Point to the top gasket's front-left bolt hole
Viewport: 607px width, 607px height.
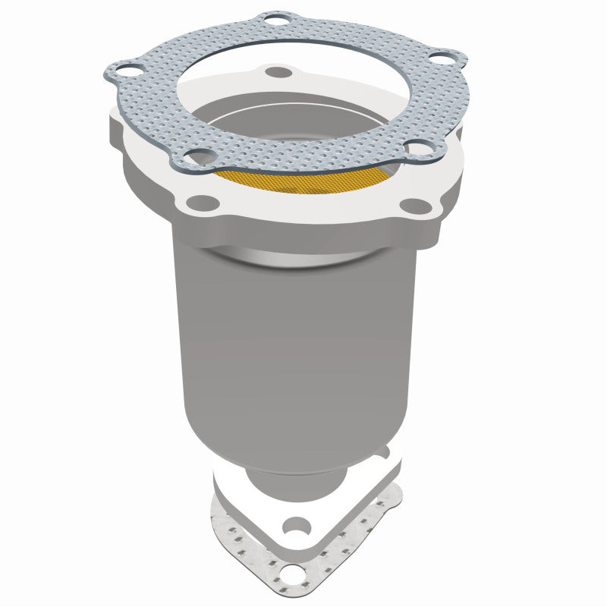199,156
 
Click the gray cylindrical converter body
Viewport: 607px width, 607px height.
296,341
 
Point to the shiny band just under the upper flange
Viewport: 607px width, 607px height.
303,256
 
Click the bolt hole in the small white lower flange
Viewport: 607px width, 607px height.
297,524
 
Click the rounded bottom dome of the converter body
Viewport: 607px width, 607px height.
303,448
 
